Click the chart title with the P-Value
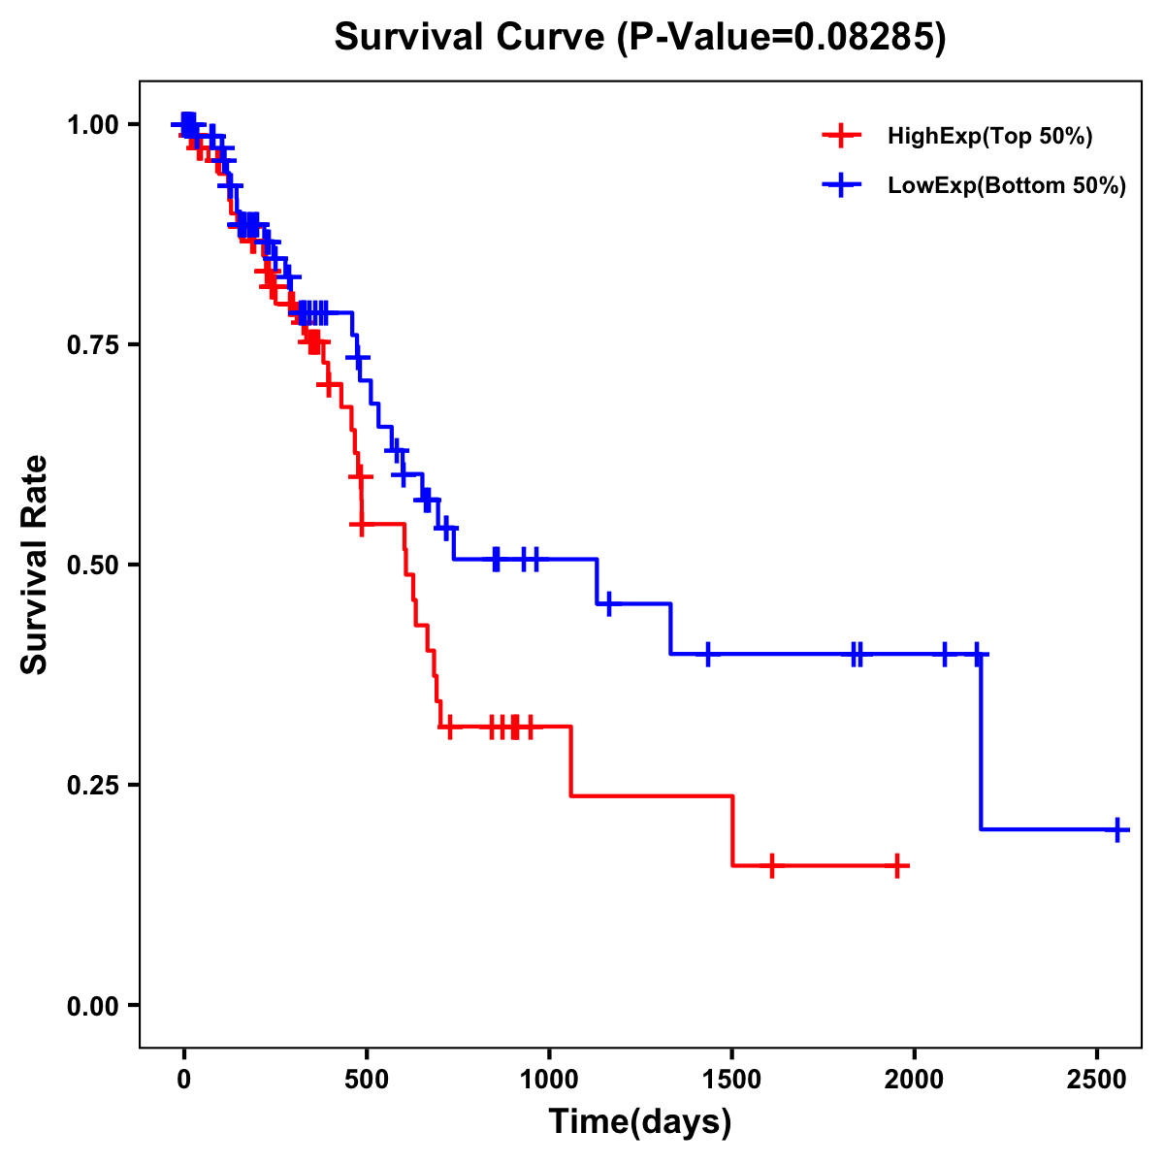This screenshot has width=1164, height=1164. coord(639,38)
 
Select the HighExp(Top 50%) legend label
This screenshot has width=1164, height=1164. coord(989,136)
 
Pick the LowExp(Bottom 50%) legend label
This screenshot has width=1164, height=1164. coord(1006,186)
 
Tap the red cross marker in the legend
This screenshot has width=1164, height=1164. coord(841,136)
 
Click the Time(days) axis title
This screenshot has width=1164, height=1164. coord(639,1122)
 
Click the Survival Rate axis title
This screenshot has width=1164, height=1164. coord(35,565)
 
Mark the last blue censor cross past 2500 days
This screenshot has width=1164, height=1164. coord(1117,829)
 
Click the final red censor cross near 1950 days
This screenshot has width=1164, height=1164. coord(897,865)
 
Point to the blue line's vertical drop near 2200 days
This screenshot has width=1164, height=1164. coord(981,742)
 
